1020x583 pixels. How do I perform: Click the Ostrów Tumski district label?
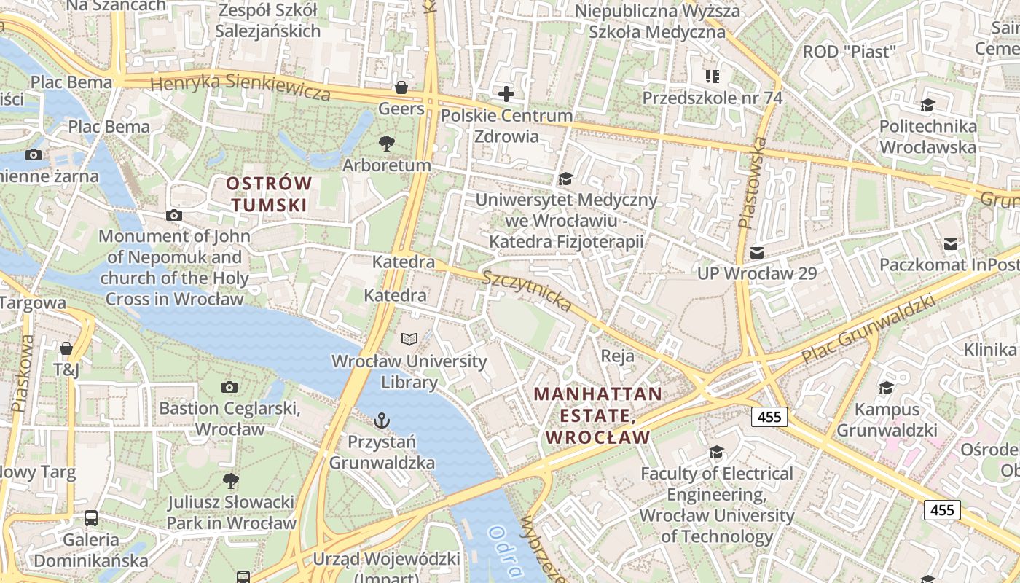pos(269,194)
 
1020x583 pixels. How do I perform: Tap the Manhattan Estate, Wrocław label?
pos(597,415)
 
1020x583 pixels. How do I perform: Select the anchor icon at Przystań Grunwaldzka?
pos(381,420)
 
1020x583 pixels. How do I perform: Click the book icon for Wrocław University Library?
pos(409,340)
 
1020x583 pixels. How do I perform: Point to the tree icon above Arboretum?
pos(387,144)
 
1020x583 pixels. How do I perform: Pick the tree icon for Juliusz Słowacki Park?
pos(231,480)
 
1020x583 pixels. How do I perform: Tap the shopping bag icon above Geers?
pos(401,88)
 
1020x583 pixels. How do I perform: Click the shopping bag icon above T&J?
pos(66,348)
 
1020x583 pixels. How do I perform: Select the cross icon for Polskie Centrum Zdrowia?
pos(506,94)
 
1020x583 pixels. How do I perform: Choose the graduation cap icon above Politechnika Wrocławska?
pos(927,106)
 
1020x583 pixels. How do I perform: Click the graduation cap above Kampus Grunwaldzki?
pos(886,388)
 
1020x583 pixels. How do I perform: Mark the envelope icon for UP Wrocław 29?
pos(757,253)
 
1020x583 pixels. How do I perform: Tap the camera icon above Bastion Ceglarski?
pos(229,387)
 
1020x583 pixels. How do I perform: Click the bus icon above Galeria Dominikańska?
pos(91,518)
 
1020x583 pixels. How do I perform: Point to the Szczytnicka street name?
pos(527,291)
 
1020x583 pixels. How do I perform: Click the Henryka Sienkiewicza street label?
pos(240,86)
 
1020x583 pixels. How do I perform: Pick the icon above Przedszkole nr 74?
pos(712,76)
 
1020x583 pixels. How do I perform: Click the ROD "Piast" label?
pos(848,52)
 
